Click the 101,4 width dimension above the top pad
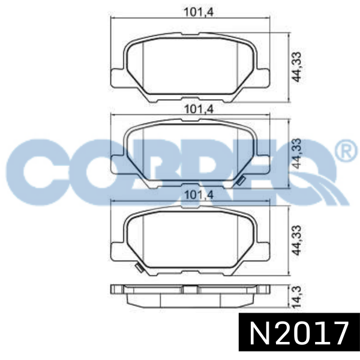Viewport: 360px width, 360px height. click(199, 12)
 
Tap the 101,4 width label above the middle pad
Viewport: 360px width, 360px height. click(199, 109)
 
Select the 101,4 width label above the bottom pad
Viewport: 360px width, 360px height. click(199, 195)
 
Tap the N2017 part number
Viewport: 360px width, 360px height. click(299, 332)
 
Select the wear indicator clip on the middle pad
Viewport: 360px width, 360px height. click(241, 181)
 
